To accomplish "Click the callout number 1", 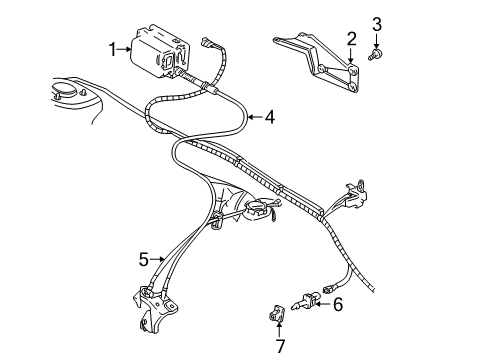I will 115,46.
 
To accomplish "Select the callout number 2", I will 351,39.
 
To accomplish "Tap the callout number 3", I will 377,24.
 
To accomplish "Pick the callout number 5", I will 143,257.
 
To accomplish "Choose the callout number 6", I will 337,303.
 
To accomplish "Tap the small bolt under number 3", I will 376,58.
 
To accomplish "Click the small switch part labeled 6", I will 309,299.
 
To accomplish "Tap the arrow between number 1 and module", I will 127,46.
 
